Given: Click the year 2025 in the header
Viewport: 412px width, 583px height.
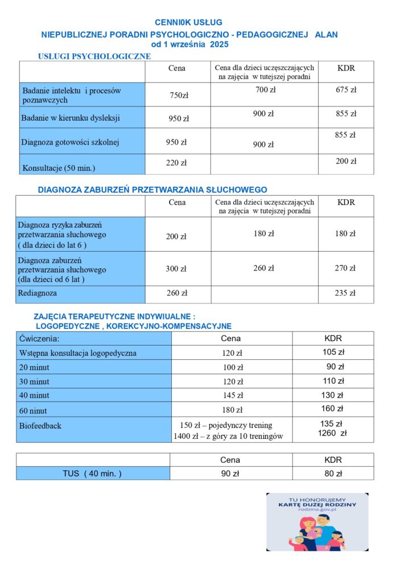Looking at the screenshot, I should [217, 45].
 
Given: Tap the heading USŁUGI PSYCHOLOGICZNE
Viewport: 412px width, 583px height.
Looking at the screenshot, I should [94, 56].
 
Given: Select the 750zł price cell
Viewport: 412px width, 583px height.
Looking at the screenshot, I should [179, 95].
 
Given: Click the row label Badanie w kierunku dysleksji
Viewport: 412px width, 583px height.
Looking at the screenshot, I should [71, 118].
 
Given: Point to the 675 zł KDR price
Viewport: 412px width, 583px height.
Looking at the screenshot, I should [346, 90].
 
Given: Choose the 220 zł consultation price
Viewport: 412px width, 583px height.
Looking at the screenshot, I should [176, 163].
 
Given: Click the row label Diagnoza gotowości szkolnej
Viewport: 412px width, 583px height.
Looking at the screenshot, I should [71, 142].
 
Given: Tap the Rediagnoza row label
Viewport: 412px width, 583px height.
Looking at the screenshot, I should [38, 293].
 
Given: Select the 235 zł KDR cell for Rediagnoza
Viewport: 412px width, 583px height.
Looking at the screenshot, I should [345, 293].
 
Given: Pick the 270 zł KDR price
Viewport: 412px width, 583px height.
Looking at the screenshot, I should [345, 268].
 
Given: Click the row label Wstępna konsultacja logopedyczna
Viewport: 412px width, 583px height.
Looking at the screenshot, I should [78, 353].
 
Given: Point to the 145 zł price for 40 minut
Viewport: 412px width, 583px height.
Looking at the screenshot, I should [232, 395].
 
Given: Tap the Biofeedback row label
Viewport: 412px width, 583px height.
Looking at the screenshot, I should [40, 425].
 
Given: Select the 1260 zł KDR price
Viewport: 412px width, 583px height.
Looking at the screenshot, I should [332, 433].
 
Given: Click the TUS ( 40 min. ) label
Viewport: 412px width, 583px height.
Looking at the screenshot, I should [92, 473].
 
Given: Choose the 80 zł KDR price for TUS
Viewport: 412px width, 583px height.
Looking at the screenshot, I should [333, 473].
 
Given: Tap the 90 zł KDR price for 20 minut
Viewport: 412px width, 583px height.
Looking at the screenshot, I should [335, 367].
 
